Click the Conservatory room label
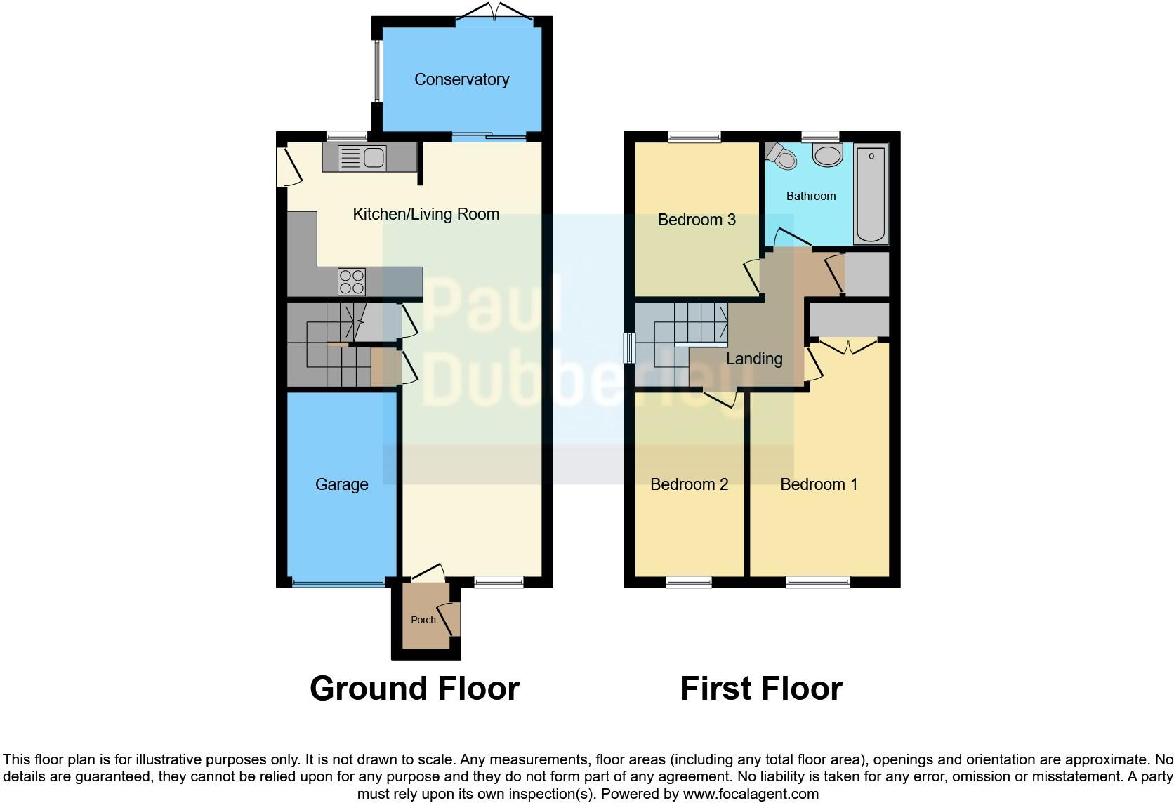(461, 79)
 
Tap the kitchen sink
(362, 158)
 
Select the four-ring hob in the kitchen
(352, 281)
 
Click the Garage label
(341, 484)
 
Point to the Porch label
(423, 620)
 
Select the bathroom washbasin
(828, 155)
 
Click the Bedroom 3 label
(697, 220)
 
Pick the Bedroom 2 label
(689, 484)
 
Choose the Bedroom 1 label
(819, 484)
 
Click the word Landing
(754, 359)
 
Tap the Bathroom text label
(811, 196)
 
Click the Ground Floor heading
(414, 689)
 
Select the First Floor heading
(761, 689)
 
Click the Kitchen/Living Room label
(426, 214)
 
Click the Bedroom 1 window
(818, 582)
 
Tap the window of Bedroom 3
(694, 137)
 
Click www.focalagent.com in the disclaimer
(751, 794)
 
